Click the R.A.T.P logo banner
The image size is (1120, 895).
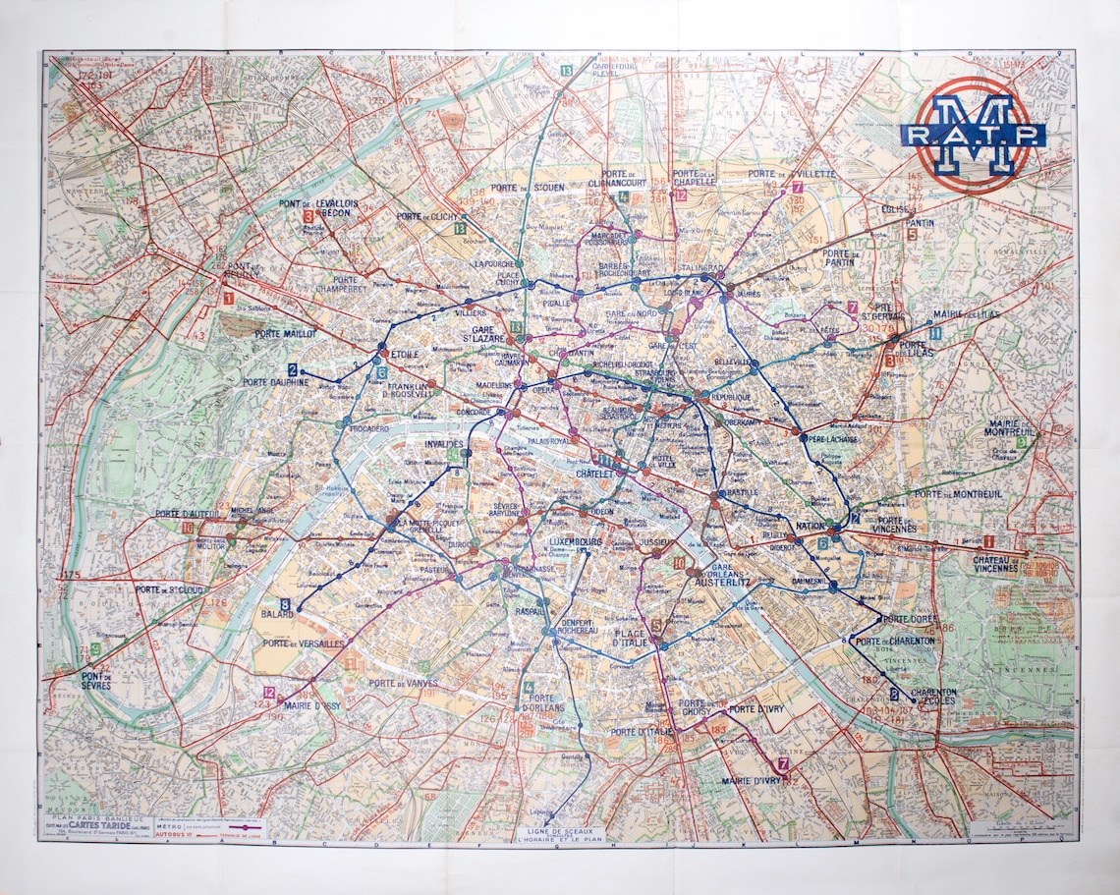[972, 135]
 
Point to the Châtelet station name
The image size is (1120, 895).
[595, 474]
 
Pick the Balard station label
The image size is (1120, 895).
[277, 614]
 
